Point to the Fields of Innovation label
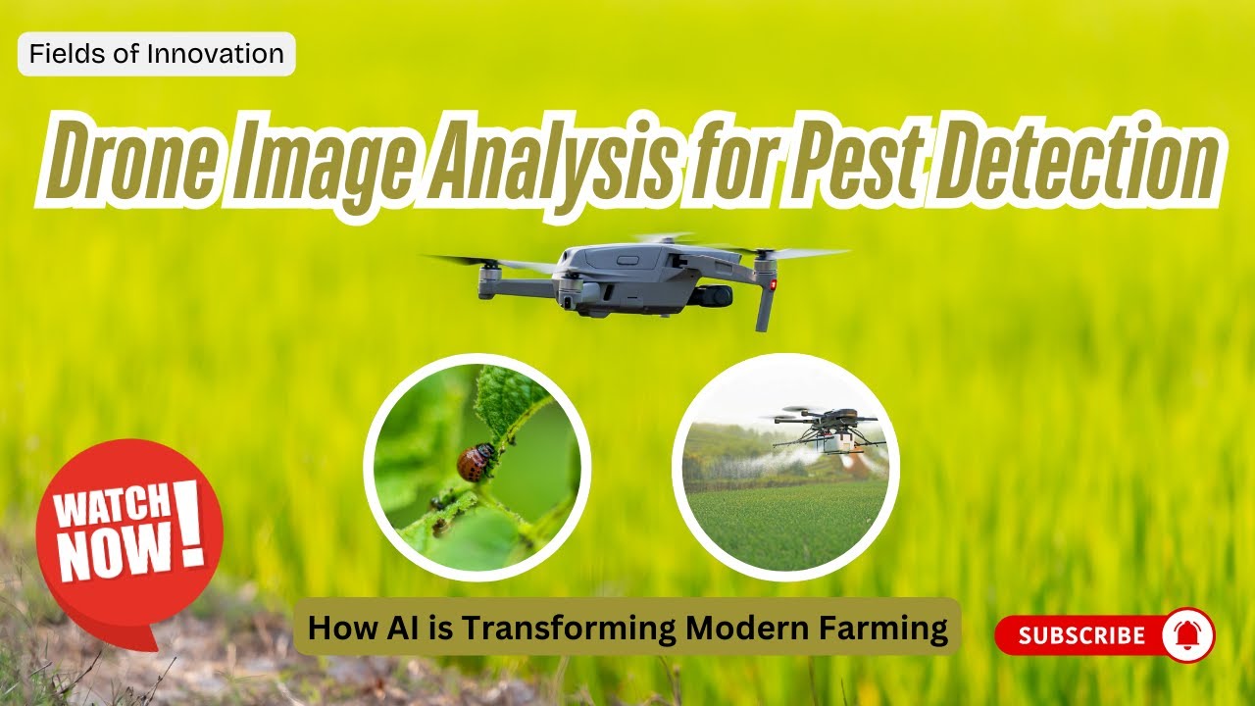pyautogui.click(x=157, y=54)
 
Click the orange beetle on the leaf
pyautogui.click(x=477, y=462)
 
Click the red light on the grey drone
pyautogui.click(x=774, y=285)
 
